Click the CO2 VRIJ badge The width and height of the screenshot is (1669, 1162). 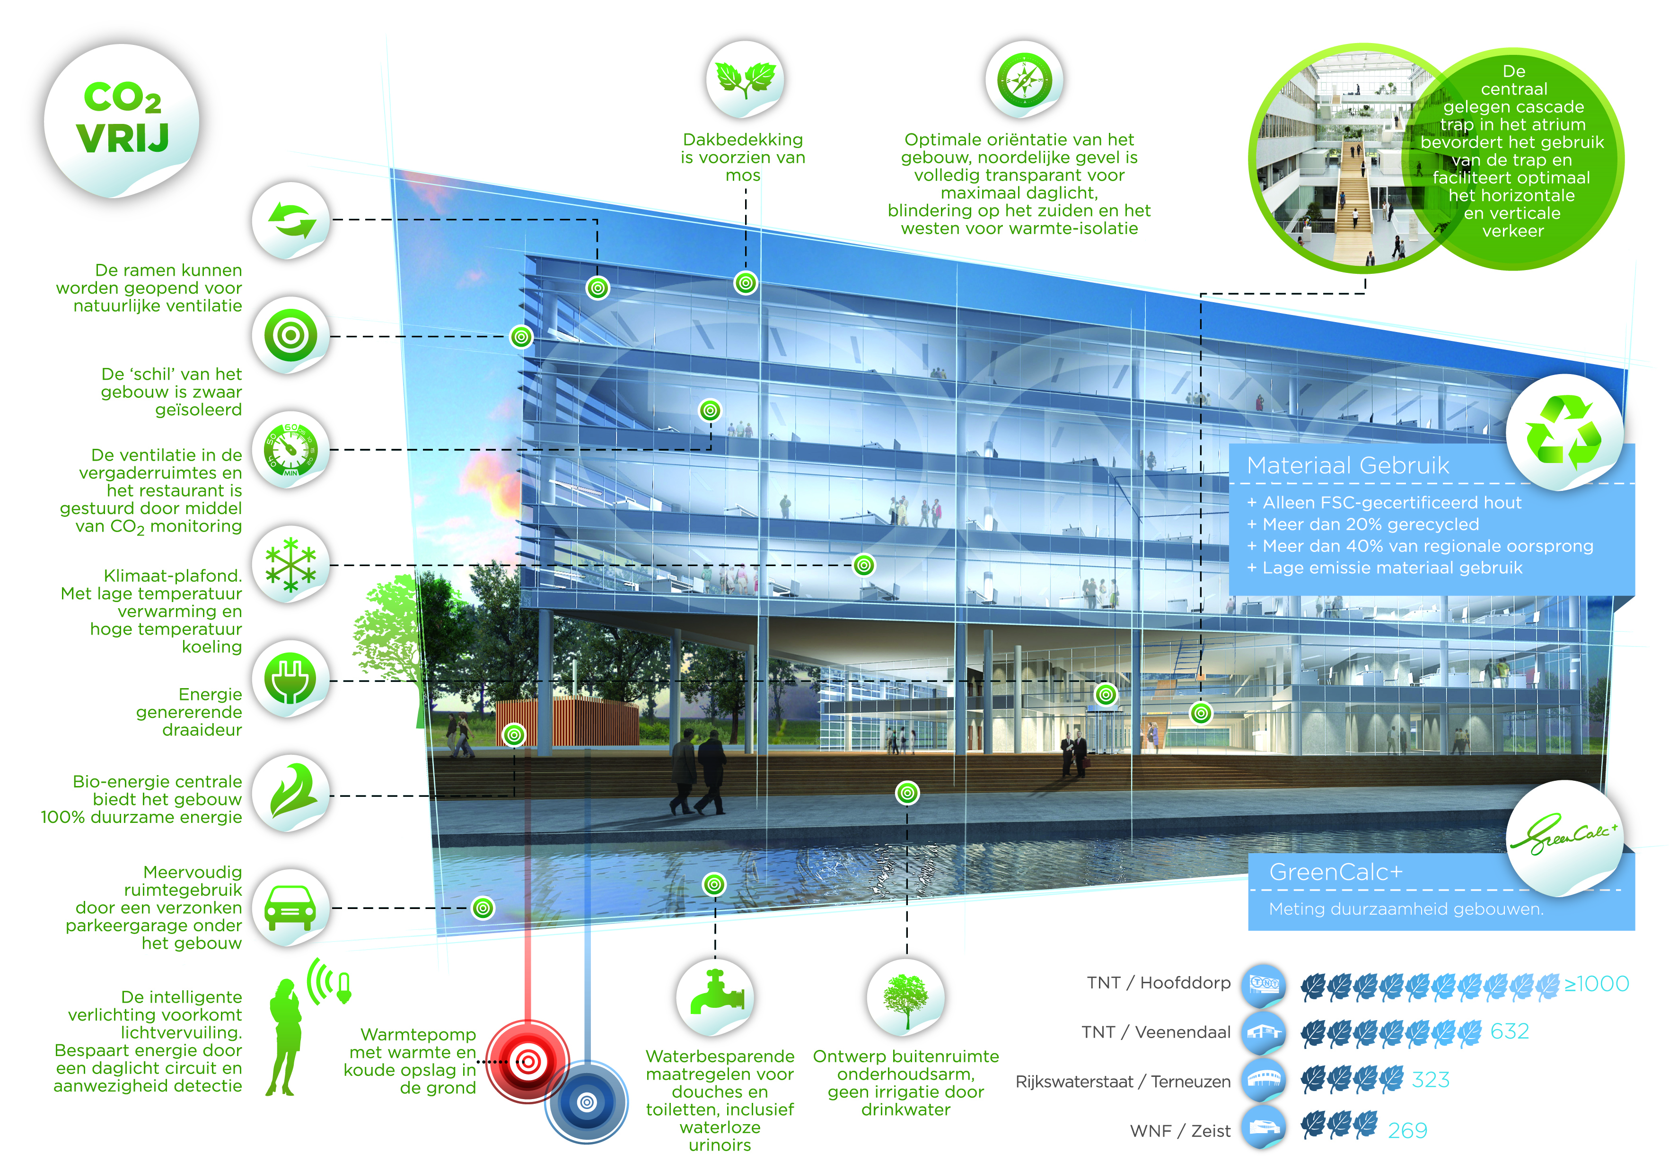coord(122,120)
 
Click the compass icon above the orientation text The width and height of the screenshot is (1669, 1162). coord(1024,79)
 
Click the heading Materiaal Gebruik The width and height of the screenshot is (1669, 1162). coord(1348,465)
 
